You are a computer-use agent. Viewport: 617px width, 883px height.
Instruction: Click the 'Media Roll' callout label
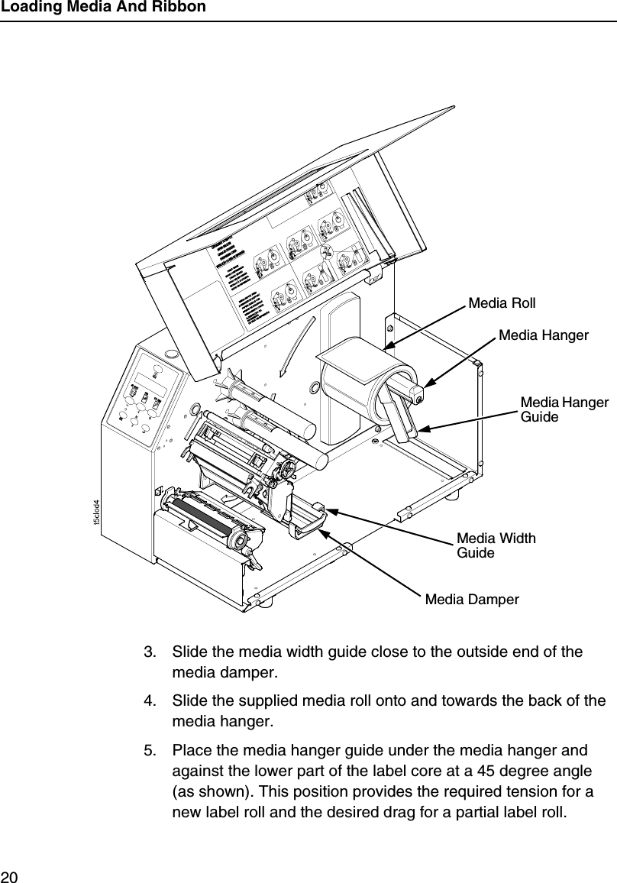pos(502,303)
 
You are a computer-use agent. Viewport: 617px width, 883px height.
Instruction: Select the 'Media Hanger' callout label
pos(543,335)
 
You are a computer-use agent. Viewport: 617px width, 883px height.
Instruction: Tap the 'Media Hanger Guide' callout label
pos(564,409)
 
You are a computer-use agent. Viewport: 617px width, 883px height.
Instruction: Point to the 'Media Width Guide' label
pos(496,545)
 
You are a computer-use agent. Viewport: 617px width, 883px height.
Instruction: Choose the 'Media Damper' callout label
pos(471,600)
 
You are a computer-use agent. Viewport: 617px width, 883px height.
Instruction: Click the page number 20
pos(10,874)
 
